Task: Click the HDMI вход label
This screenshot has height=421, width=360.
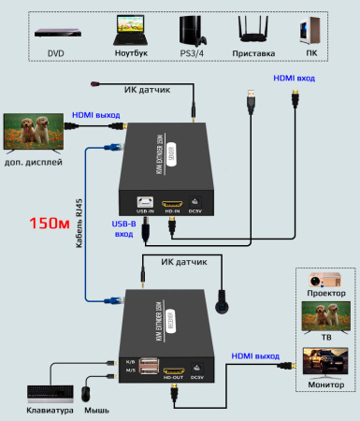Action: [x=293, y=80]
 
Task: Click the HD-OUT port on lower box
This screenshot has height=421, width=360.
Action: [x=173, y=367]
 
